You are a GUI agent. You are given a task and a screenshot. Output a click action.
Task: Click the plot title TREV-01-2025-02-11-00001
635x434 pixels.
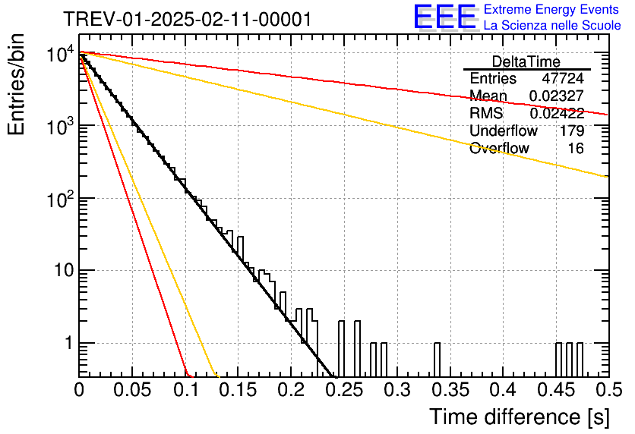click(x=188, y=19)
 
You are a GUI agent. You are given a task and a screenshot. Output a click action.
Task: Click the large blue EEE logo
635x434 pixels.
click(x=444, y=17)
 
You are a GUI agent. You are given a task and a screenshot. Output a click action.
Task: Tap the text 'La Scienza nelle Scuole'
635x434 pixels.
click(x=552, y=25)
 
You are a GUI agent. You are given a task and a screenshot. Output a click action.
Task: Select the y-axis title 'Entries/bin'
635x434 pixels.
click(x=16, y=84)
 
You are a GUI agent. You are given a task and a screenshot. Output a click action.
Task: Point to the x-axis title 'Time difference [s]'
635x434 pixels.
click(x=520, y=417)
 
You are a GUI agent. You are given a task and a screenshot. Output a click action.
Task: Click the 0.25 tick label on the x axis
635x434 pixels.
click(x=346, y=390)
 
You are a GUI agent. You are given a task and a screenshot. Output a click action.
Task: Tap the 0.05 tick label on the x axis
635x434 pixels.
click(x=132, y=390)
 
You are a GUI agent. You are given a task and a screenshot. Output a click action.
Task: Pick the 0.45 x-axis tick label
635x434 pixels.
click(x=556, y=390)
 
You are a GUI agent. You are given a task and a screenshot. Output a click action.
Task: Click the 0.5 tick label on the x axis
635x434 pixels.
click(x=609, y=390)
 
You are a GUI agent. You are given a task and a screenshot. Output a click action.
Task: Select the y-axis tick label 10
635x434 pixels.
click(x=64, y=270)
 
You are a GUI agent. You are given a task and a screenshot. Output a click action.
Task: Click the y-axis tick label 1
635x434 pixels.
click(x=68, y=343)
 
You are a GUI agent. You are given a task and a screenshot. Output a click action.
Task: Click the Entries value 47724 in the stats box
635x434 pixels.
click(x=563, y=78)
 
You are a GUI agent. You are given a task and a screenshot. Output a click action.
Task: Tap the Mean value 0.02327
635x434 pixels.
click(x=557, y=96)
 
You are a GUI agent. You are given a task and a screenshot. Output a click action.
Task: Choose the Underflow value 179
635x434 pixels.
click(x=572, y=131)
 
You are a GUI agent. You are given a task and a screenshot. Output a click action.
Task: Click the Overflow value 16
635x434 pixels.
click(x=576, y=149)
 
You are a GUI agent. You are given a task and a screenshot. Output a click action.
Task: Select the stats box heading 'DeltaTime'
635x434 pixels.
click(x=526, y=61)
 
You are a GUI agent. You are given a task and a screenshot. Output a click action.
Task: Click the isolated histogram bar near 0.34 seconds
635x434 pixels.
click(x=437, y=360)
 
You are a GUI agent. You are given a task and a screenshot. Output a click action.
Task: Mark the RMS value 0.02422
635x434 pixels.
click(x=557, y=113)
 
